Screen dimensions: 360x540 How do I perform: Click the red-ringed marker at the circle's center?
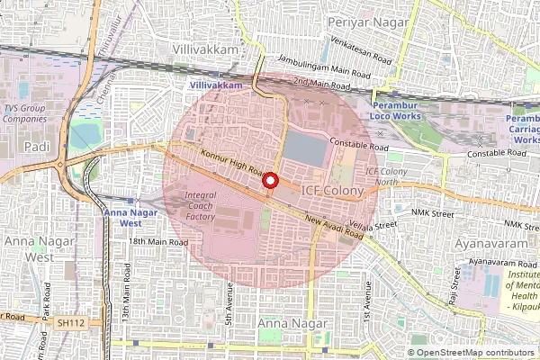click(268, 181)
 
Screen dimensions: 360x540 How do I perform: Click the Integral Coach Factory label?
click(200, 205)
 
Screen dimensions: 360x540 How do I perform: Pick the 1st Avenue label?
click(367, 301)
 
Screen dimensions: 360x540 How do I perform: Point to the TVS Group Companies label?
click(24, 113)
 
